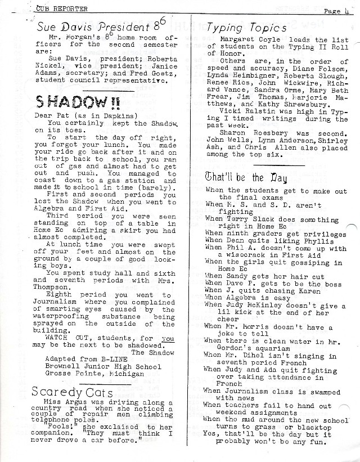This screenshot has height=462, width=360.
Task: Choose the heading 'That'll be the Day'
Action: tap(246, 178)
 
